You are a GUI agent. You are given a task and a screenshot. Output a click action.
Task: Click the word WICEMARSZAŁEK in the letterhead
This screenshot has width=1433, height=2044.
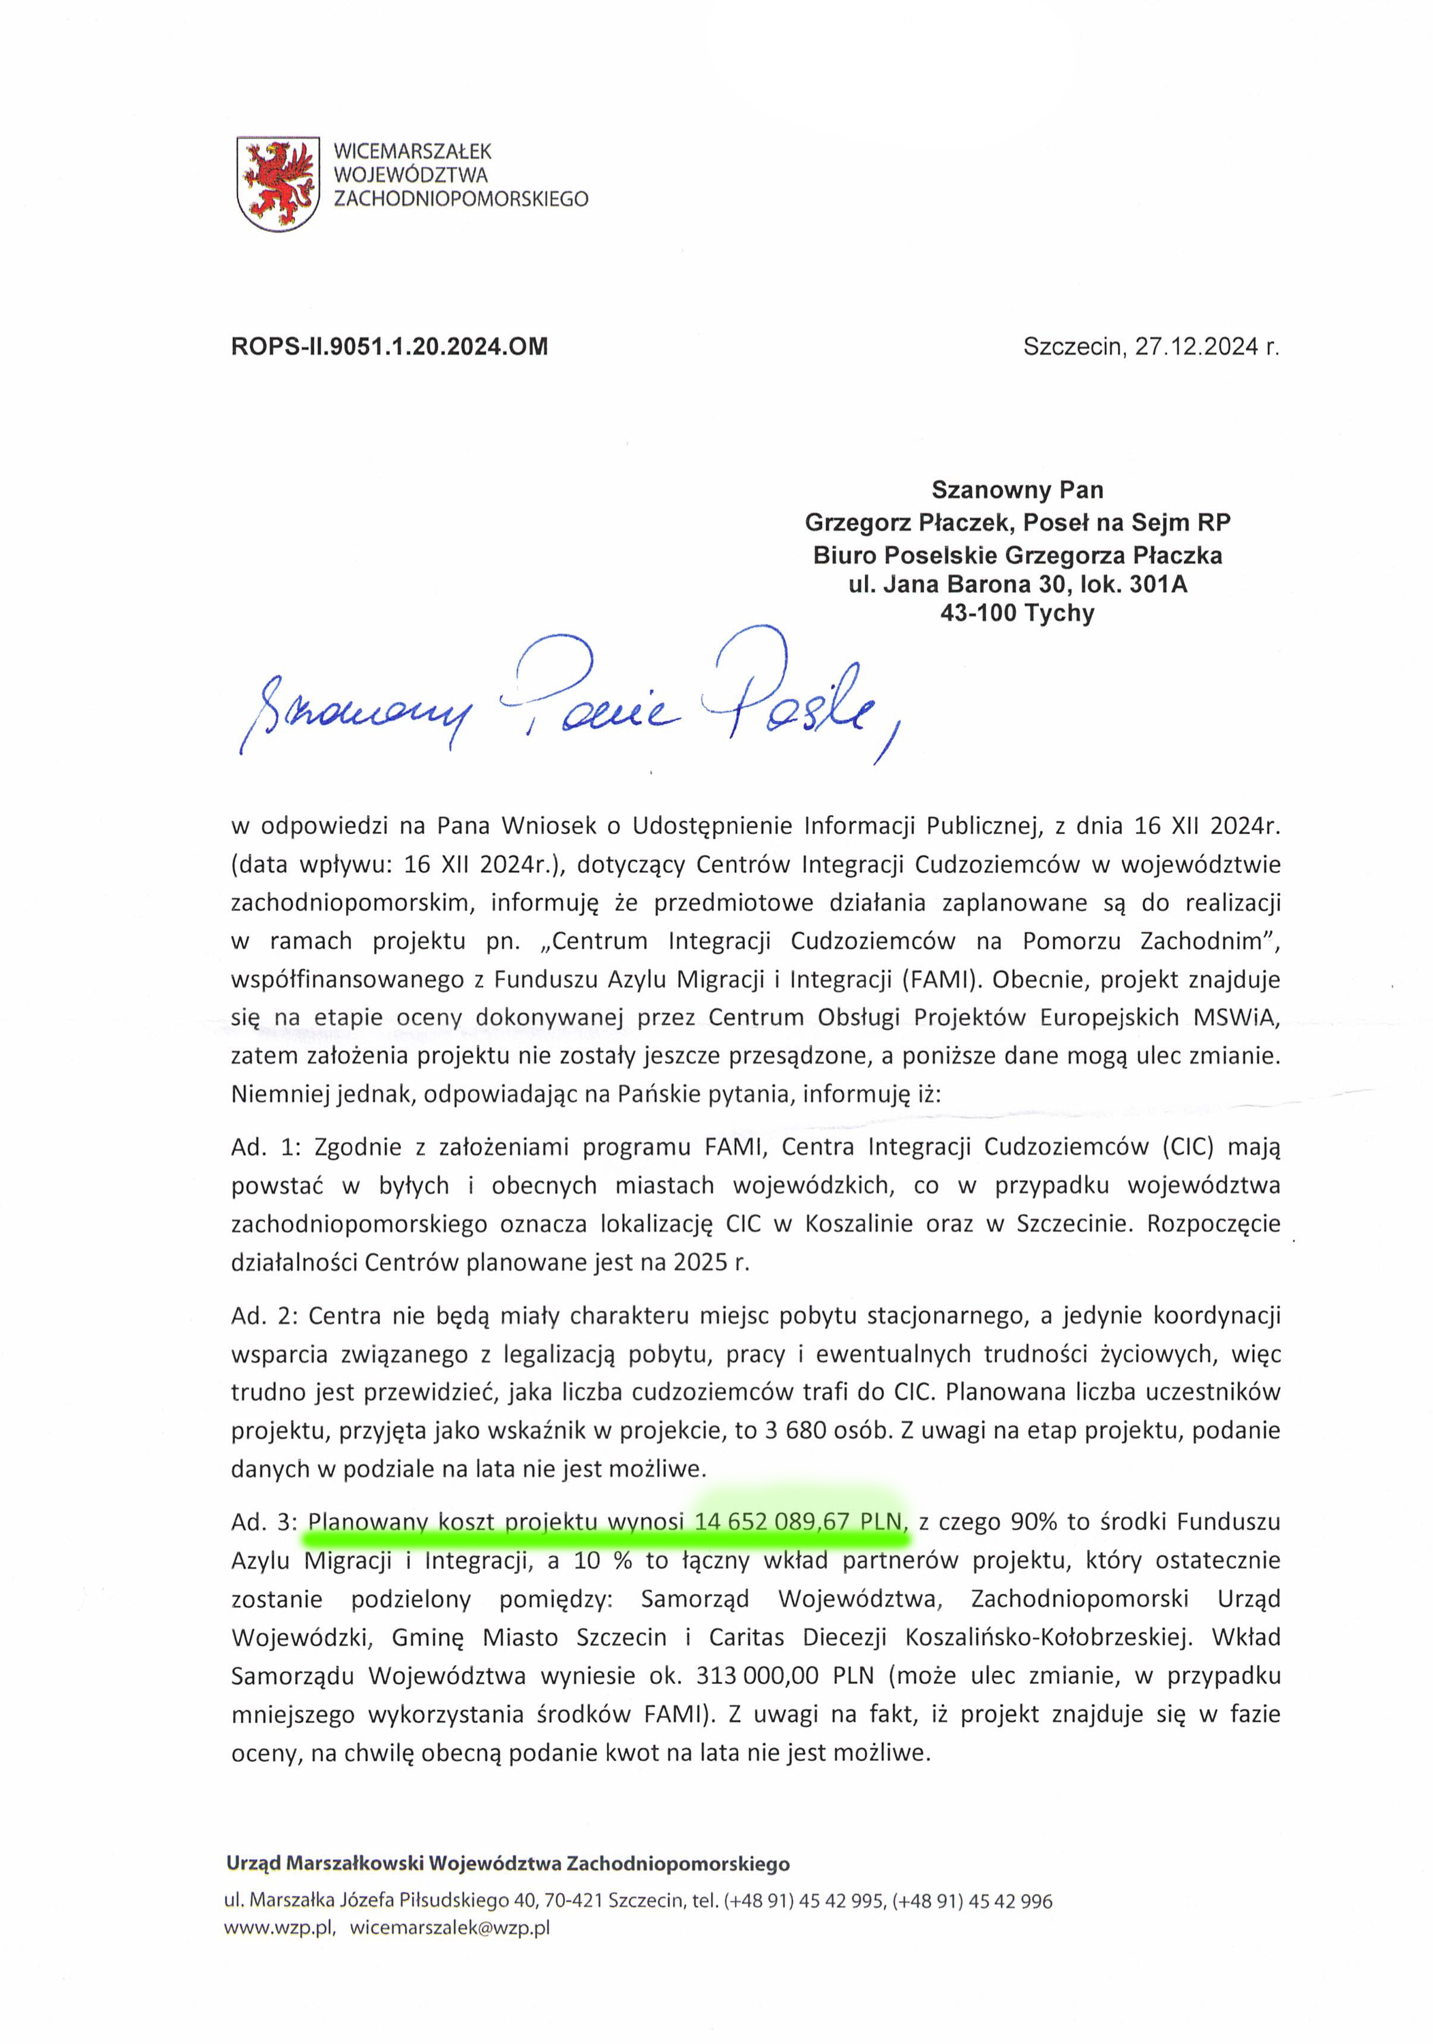pos(412,151)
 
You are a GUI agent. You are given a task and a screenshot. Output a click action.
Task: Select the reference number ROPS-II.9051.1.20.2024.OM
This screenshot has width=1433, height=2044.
pos(389,346)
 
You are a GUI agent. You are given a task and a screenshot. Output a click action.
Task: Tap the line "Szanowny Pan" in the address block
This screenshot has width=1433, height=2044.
pos(1017,490)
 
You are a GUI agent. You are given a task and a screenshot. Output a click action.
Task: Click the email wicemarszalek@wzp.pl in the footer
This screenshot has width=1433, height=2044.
pos(450,1929)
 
